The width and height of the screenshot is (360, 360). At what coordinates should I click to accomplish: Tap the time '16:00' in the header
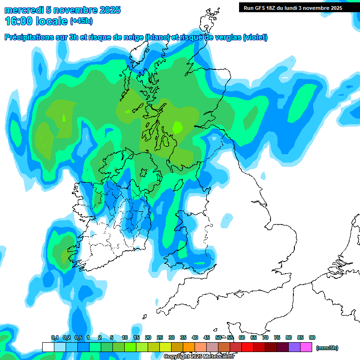tap(19, 21)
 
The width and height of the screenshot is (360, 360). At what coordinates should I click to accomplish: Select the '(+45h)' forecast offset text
tap(81, 21)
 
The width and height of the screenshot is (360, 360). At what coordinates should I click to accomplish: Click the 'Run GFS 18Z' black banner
tap(293, 8)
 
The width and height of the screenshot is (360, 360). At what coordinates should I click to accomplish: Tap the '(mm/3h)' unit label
tap(327, 348)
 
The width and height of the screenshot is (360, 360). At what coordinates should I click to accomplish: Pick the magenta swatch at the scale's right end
tap(306, 347)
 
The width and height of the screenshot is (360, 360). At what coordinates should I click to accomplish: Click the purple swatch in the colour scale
tap(294, 347)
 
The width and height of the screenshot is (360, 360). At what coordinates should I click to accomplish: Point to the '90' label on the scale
tap(312, 338)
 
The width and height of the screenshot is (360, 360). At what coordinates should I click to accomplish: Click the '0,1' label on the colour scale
tap(55, 338)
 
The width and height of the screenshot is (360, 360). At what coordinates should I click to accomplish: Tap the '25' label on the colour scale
tap(160, 338)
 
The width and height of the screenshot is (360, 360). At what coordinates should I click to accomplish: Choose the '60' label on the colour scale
tap(242, 338)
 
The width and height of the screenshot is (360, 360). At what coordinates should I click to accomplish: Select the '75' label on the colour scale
tap(277, 338)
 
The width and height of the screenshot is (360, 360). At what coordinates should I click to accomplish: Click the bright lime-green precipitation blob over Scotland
tap(178, 127)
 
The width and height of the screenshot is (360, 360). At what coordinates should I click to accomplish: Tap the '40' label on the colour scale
tap(195, 338)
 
